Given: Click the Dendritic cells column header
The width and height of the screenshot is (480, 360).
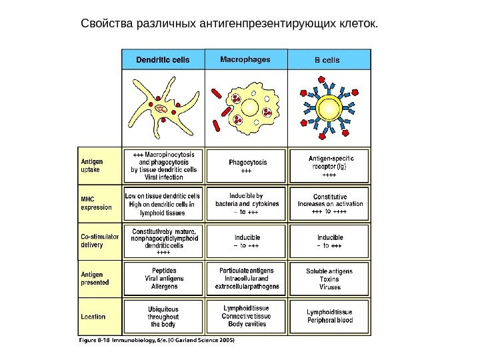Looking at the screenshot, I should [x=163, y=59].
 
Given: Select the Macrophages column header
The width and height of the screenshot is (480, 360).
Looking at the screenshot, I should [x=245, y=59].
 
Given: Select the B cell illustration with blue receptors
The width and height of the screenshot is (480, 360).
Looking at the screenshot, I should [x=328, y=105].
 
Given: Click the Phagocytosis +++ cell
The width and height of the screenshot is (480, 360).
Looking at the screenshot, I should [x=247, y=165].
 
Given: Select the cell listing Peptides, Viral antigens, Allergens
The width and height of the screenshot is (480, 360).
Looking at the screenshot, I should [x=163, y=278].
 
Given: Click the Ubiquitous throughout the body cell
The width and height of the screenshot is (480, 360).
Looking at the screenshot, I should [x=163, y=317].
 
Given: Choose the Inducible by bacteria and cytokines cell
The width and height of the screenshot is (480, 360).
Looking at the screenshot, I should [x=247, y=203].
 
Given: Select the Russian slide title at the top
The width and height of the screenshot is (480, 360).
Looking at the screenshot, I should [x=228, y=25].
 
